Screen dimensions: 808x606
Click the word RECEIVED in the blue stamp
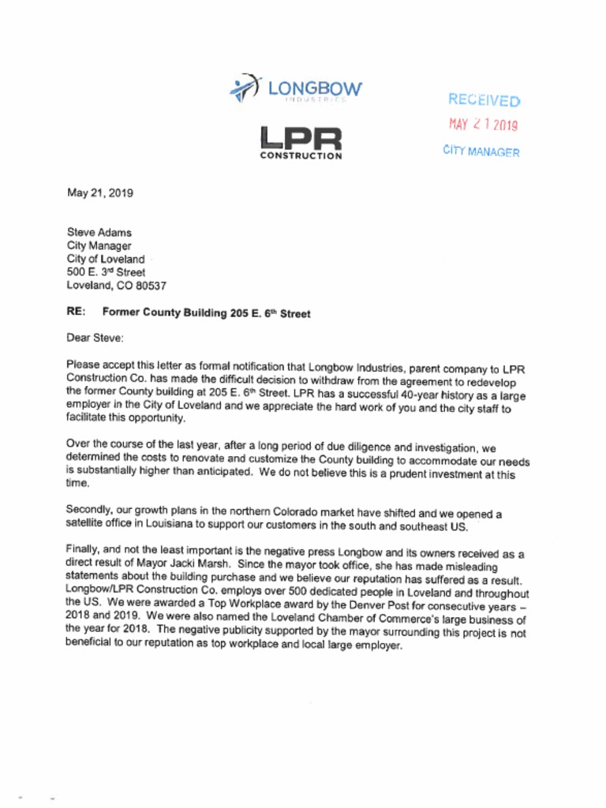484,100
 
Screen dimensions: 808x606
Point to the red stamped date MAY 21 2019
483,125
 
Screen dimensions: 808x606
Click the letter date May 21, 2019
100,193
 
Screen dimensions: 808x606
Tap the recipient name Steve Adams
99,233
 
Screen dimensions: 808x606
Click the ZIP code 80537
148,286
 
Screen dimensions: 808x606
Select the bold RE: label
77,312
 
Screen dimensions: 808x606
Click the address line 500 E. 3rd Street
106,272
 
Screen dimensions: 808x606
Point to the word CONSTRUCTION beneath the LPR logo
301,156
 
